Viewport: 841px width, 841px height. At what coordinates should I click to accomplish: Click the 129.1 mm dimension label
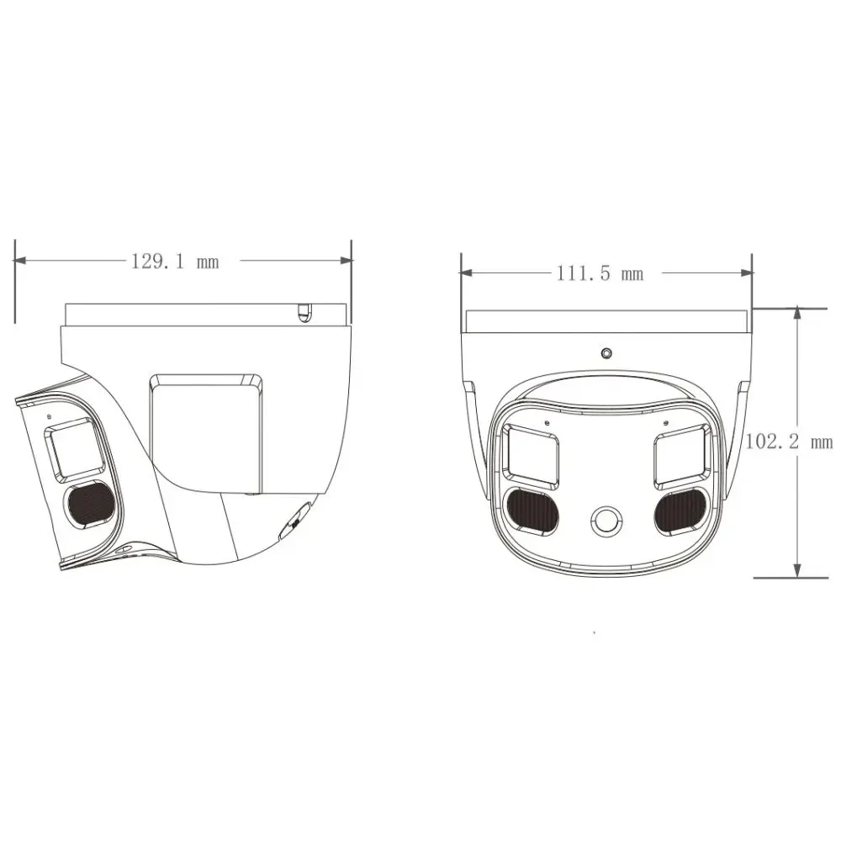174,261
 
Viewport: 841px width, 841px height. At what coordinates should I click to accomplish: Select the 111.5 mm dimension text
599,272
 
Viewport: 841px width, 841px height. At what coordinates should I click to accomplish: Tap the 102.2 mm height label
788,443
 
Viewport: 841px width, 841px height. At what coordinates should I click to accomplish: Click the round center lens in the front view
606,521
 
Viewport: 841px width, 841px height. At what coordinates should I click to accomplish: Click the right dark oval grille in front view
680,510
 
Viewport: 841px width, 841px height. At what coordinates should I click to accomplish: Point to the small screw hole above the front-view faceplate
606,353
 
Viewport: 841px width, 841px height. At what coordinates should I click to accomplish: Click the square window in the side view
76,449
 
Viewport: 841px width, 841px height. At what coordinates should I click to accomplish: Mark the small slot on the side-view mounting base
304,313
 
